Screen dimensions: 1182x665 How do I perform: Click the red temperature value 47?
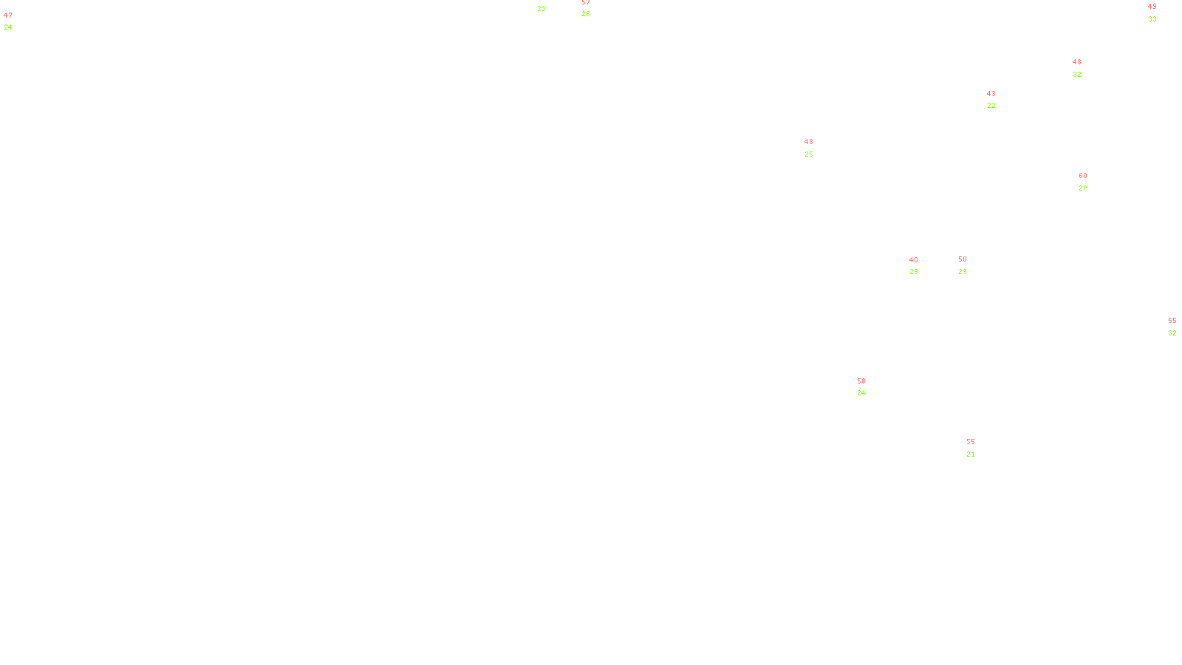coord(8,16)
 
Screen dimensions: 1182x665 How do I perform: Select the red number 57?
coord(586,2)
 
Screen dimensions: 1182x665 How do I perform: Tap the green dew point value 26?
coord(586,14)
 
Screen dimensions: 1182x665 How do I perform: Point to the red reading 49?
coord(1152,7)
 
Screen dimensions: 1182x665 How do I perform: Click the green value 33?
coord(1152,19)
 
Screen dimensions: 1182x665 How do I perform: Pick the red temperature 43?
coord(991,94)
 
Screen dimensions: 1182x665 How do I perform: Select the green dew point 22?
coord(991,106)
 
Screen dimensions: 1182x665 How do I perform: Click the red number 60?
coord(1083,176)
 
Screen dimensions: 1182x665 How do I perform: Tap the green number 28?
coord(1083,188)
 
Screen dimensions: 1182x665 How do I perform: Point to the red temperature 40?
coord(914,260)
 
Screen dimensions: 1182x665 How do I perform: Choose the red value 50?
coord(963,259)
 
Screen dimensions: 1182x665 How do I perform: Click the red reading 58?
coord(861,381)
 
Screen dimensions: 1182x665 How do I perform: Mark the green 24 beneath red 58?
coord(861,393)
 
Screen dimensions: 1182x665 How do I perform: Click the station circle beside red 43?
coord(999,100)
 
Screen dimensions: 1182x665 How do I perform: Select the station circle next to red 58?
coord(870,387)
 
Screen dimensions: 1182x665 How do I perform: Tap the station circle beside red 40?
coord(921,266)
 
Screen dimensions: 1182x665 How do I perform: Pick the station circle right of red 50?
coord(970,265)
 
